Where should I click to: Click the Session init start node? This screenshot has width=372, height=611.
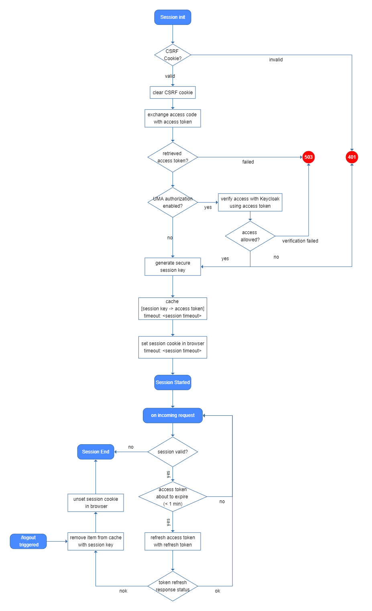coord(173,17)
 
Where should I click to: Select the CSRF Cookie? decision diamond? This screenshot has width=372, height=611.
coord(173,55)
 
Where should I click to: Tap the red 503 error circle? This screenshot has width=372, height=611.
coord(308,157)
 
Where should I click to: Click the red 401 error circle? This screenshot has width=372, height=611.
coord(352,157)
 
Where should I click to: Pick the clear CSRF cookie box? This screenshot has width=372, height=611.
coord(173,93)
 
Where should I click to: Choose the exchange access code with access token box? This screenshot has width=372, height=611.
coord(173,118)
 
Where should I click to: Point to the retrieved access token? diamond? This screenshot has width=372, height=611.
coord(173,157)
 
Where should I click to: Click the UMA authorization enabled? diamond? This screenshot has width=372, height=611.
coord(173,202)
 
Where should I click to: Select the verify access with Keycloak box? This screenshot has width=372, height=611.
coord(250,202)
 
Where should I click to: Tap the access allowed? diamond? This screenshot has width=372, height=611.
coord(250,236)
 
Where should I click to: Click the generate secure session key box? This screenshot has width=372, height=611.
coord(173,267)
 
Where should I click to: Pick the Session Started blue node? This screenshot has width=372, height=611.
coord(173,382)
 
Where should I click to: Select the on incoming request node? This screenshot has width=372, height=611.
coord(173,415)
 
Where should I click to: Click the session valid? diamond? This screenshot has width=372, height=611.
coord(173,452)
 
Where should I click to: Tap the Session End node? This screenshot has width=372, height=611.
coord(96,452)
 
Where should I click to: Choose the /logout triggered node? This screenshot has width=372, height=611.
coord(28,541)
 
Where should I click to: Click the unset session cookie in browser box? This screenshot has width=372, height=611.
coord(96,503)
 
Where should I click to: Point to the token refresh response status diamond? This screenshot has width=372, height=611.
coord(173,586)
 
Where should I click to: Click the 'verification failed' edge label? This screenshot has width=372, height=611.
coord(300,241)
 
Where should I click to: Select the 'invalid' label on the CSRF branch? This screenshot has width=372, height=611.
coord(276,60)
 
